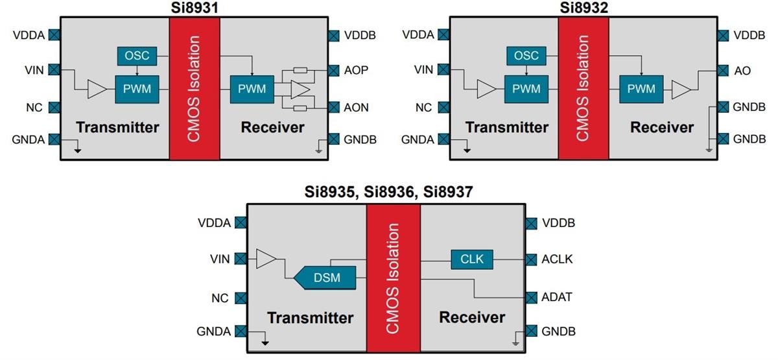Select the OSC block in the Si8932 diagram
pyautogui.click(x=526, y=55)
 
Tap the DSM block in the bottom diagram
pyautogui.click(x=326, y=277)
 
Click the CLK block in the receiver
pyautogui.click(x=472, y=259)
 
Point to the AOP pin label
pyautogui.click(x=356, y=70)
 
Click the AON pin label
pyautogui.click(x=356, y=108)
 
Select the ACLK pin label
pyautogui.click(x=557, y=260)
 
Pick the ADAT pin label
pyautogui.click(x=557, y=297)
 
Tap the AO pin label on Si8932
pyautogui.click(x=742, y=71)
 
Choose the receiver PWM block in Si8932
pyautogui.click(x=641, y=89)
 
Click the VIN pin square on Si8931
pyautogui.click(x=55, y=69)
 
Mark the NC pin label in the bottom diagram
pyautogui.click(x=220, y=298)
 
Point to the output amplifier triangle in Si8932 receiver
pyautogui.click(x=681, y=90)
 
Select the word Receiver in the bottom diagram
pyautogui.click(x=472, y=317)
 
